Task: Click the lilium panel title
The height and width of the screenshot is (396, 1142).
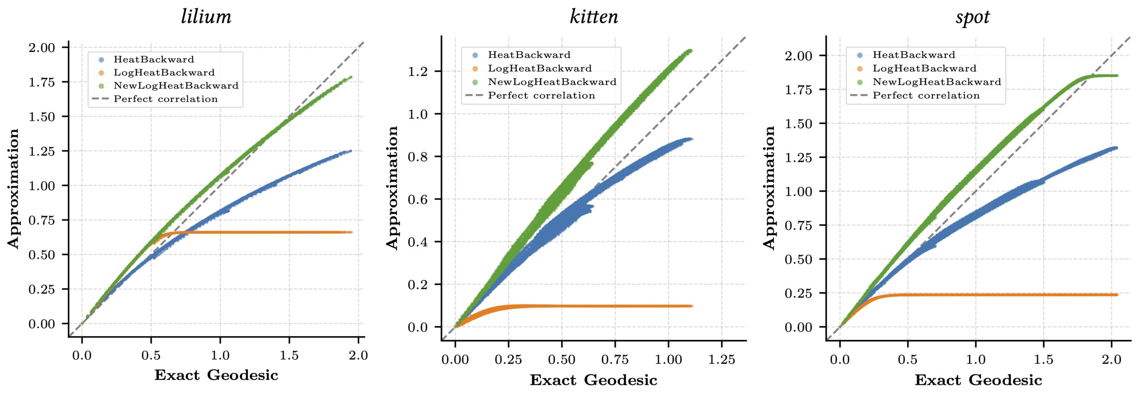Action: pyautogui.click(x=206, y=17)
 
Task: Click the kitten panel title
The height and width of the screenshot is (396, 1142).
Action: pyautogui.click(x=594, y=17)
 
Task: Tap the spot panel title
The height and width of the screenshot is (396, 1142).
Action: pyautogui.click(x=972, y=17)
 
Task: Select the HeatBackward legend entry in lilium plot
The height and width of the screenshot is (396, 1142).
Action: pyautogui.click(x=153, y=59)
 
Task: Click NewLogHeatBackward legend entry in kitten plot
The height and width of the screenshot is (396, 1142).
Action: pyautogui.click(x=552, y=82)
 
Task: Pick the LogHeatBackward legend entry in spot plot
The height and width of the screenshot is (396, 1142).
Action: pyautogui.click(x=924, y=69)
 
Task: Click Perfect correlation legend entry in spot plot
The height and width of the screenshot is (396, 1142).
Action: pyautogui.click(x=926, y=95)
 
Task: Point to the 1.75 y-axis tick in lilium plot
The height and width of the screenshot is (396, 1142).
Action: pyautogui.click(x=42, y=82)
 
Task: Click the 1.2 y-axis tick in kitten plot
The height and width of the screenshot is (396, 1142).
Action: pyautogui.click(x=418, y=71)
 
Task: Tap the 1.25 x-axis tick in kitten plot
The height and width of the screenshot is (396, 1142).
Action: pyautogui.click(x=721, y=359)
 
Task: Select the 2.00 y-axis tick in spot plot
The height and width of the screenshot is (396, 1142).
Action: pyautogui.click(x=799, y=56)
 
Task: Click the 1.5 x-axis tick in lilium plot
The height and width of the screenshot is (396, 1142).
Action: pyautogui.click(x=289, y=355)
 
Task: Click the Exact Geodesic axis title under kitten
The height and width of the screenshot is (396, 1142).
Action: pyautogui.click(x=593, y=380)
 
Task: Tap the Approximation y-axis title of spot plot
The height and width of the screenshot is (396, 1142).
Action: pyautogui.click(x=769, y=187)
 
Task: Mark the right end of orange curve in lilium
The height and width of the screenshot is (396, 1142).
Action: pyautogui.click(x=351, y=232)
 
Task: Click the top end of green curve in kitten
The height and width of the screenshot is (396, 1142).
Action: pyautogui.click(x=691, y=50)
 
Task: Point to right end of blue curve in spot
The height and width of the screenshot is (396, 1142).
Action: pyautogui.click(x=1116, y=148)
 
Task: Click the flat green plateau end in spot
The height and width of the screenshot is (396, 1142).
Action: pyautogui.click(x=1117, y=76)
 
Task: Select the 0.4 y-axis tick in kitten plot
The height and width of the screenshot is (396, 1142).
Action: pyautogui.click(x=418, y=242)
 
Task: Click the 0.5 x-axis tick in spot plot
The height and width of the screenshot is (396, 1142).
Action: pyautogui.click(x=907, y=359)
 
